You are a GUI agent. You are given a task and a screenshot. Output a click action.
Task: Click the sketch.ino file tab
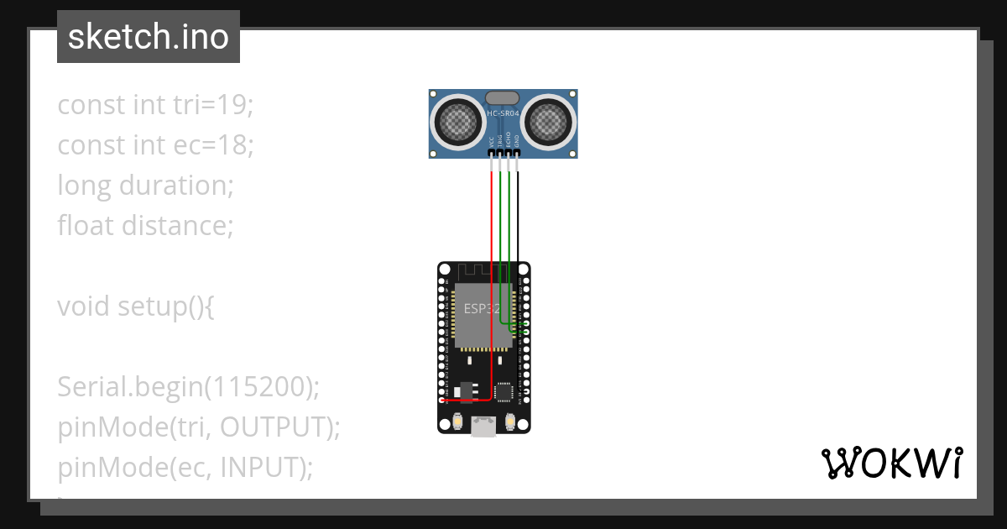(x=149, y=37)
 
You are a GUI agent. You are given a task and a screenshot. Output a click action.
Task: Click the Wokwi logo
(x=891, y=463)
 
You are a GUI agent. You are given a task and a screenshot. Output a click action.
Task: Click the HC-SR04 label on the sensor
(x=503, y=113)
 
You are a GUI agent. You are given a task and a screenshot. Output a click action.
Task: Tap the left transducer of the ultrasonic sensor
(x=457, y=123)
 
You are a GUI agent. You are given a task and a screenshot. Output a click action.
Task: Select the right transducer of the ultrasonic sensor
(x=550, y=123)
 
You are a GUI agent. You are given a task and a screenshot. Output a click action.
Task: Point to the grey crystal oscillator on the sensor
(x=503, y=99)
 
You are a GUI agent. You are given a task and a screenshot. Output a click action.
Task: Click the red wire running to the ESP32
(x=492, y=252)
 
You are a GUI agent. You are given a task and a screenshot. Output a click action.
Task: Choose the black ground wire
(x=518, y=218)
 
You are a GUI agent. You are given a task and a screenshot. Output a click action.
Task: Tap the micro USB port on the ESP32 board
(x=483, y=427)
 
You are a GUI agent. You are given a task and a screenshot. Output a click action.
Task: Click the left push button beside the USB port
(x=458, y=422)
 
